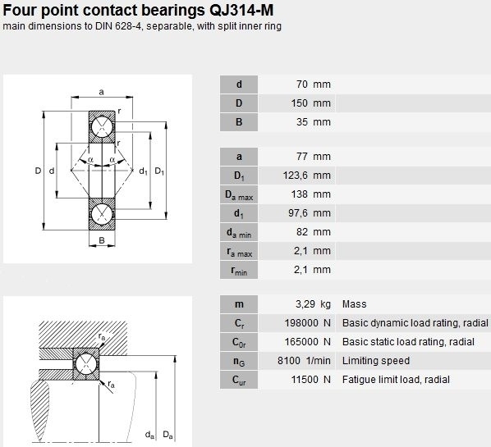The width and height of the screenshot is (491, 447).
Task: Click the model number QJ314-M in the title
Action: point(241,10)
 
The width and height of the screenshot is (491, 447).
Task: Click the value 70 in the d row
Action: point(302,84)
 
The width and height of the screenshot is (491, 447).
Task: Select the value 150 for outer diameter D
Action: point(300,103)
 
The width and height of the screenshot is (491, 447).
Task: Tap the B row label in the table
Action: point(239,122)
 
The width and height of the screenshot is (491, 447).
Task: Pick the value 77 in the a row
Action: point(302,157)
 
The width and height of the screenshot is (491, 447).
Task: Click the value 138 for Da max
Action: point(300,194)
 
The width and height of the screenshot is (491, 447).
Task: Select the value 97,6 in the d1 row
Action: point(298,213)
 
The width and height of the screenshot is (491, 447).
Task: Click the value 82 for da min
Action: point(302,232)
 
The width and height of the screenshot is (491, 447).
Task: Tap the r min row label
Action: point(239,271)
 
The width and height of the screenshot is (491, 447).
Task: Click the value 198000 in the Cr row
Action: point(301,323)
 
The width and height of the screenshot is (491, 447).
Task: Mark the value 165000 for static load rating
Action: point(301,342)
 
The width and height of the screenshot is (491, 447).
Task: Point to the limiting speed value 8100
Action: point(289,361)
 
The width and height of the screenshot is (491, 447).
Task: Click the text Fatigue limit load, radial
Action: point(396,380)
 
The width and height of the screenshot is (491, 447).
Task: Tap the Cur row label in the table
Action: point(239,381)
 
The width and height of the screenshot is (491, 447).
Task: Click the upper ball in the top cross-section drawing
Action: point(102,126)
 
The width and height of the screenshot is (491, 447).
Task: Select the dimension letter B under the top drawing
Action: point(102,240)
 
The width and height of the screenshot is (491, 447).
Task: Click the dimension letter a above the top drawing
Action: point(101,92)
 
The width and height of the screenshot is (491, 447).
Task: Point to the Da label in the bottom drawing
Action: point(167,435)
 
